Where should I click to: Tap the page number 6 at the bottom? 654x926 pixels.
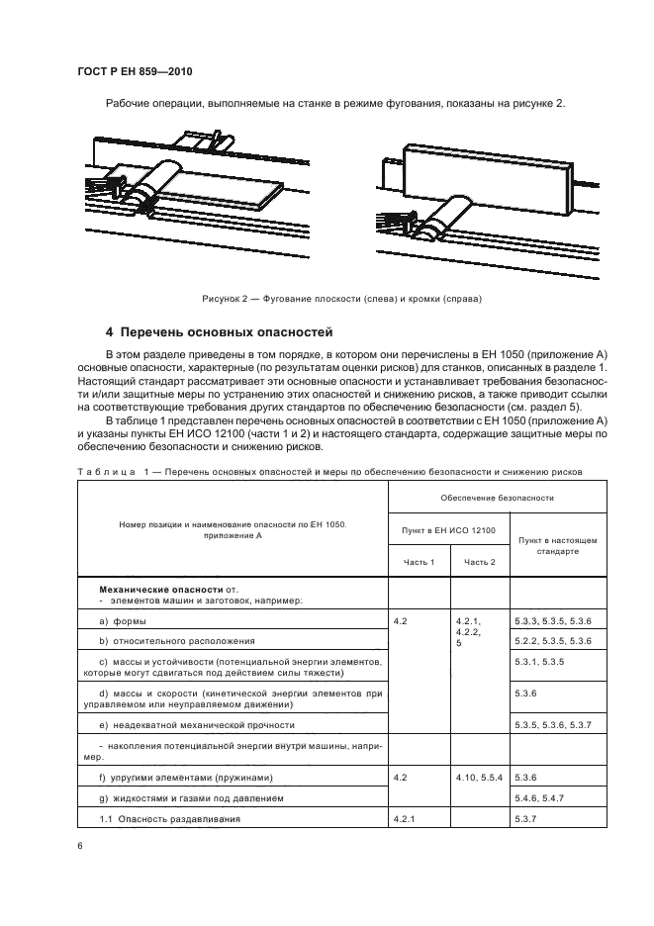[x=79, y=846]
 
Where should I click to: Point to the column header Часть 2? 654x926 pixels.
[x=480, y=562]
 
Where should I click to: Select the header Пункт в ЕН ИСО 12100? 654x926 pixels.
[x=449, y=530]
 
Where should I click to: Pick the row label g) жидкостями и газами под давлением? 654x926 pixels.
[x=191, y=797]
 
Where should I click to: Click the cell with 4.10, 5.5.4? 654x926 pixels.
[x=480, y=777]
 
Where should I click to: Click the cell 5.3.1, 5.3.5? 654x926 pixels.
[x=539, y=661]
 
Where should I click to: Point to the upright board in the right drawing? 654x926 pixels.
[x=485, y=173]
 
